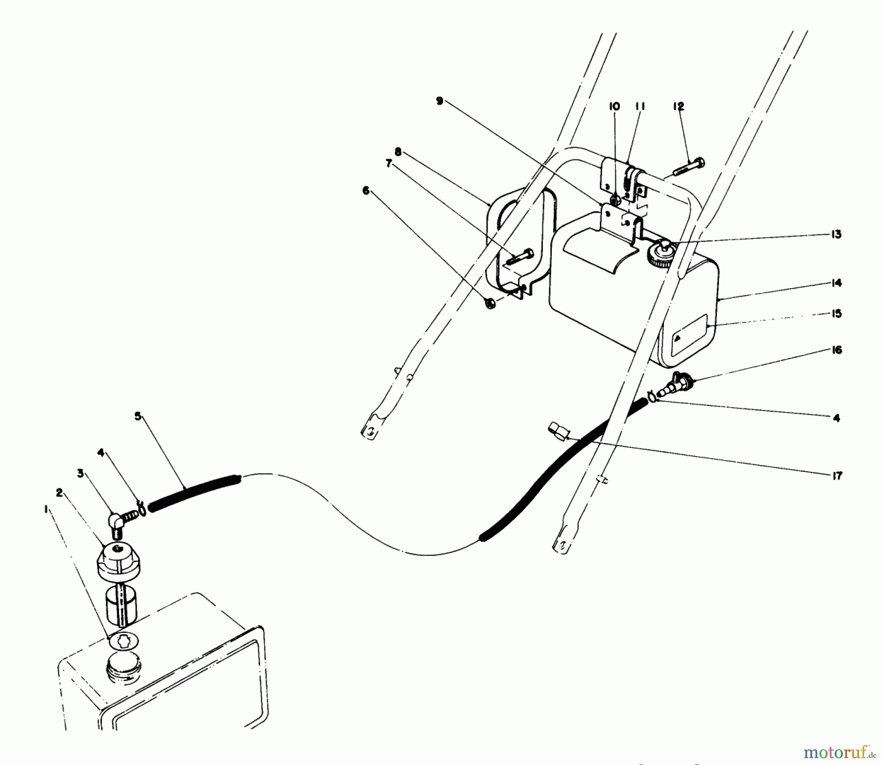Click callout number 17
[836, 476]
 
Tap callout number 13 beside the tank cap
[836, 234]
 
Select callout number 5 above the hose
[138, 417]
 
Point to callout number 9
[440, 101]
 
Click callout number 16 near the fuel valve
[836, 350]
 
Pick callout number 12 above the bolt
[679, 106]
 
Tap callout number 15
[836, 314]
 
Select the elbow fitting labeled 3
[117, 520]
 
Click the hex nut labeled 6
[490, 304]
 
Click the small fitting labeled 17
[559, 430]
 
